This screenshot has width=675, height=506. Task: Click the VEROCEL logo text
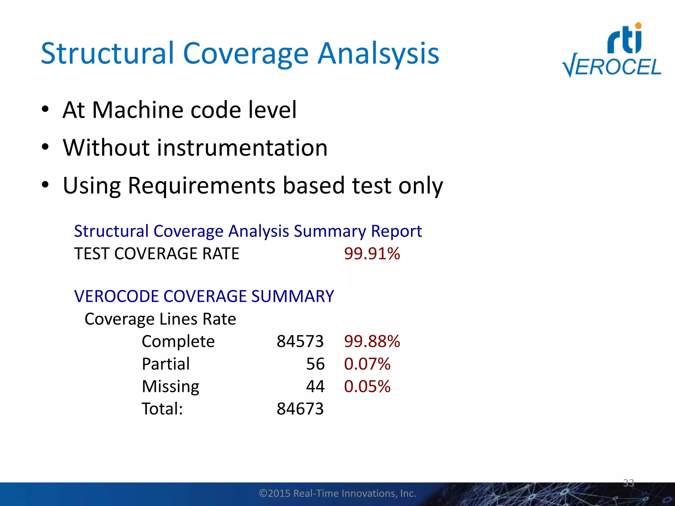pyautogui.click(x=612, y=67)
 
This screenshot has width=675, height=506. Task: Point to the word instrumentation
pyautogui.click(x=242, y=148)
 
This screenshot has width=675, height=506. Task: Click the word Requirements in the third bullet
pyautogui.click(x=201, y=185)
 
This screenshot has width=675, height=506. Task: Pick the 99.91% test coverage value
pyautogui.click(x=372, y=254)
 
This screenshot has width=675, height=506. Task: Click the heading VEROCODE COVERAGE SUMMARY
pyautogui.click(x=204, y=296)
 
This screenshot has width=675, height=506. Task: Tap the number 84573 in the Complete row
pyautogui.click(x=300, y=341)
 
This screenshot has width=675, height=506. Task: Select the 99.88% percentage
pyautogui.click(x=372, y=341)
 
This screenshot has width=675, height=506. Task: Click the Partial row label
pyautogui.click(x=166, y=364)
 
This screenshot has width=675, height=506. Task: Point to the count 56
pyautogui.click(x=315, y=364)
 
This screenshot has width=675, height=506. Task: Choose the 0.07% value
pyautogui.click(x=367, y=364)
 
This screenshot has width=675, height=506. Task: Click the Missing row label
pyautogui.click(x=170, y=386)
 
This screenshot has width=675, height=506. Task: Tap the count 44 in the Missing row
pyautogui.click(x=315, y=386)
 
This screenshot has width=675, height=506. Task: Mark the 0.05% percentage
pyautogui.click(x=367, y=386)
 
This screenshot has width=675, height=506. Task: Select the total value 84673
pyautogui.click(x=300, y=409)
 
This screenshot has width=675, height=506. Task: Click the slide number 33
pyautogui.click(x=628, y=483)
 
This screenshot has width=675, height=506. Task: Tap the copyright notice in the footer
pyautogui.click(x=337, y=493)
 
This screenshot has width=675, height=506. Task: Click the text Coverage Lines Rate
pyautogui.click(x=160, y=319)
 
